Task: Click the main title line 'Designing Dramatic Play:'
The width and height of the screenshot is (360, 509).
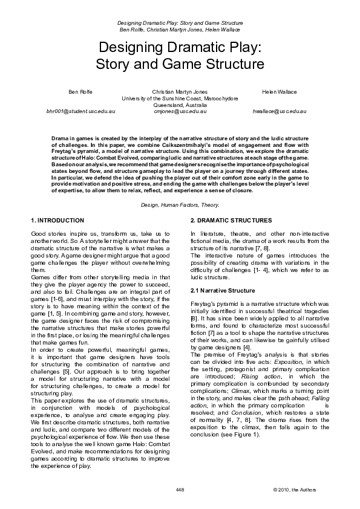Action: coord(180,48)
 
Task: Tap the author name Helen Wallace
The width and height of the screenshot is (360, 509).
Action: coord(280,91)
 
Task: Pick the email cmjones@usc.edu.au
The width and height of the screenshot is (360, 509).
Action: coord(180,112)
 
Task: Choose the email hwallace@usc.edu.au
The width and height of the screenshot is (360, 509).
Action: coord(280,112)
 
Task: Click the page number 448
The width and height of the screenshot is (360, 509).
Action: coord(180,489)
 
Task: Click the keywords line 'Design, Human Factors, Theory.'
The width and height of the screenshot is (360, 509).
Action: coord(180,205)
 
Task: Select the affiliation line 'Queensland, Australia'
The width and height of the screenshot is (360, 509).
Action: coord(180,105)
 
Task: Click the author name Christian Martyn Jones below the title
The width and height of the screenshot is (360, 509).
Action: coord(180,91)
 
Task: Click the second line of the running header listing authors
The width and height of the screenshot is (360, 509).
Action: coord(180,28)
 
